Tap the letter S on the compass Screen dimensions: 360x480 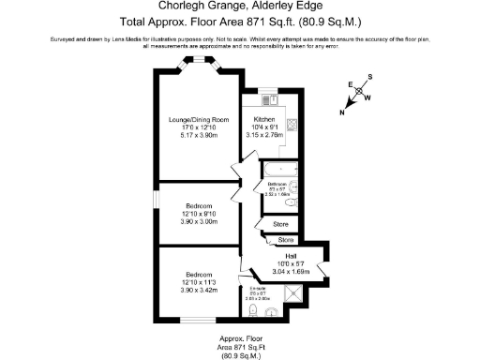[x=369, y=77]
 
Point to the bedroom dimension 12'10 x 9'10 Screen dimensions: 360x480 [x=198, y=214]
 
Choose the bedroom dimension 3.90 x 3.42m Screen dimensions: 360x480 [x=198, y=291]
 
